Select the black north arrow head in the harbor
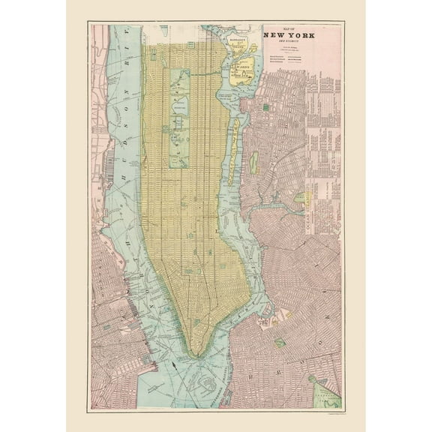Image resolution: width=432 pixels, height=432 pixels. coord(175,365)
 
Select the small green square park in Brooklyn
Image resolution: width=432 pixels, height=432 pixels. coord(280,343)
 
